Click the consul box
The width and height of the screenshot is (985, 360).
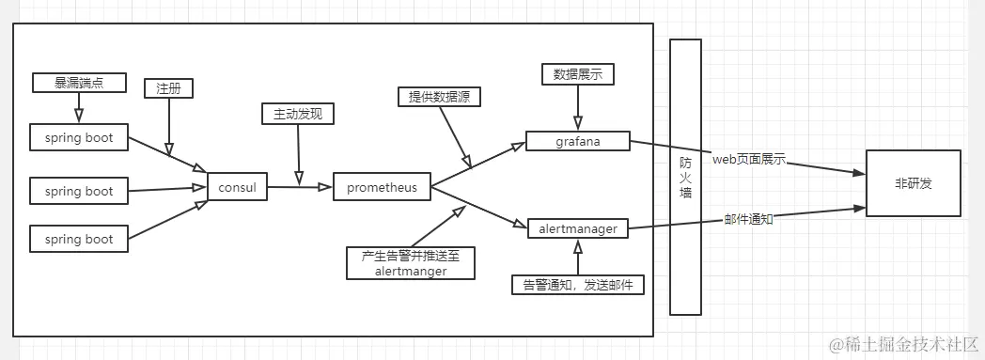click(237, 187)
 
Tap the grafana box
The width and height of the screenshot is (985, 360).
click(577, 142)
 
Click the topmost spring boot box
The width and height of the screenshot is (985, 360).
click(79, 138)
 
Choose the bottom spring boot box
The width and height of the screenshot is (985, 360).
click(79, 240)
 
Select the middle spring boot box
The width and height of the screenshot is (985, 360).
click(79, 192)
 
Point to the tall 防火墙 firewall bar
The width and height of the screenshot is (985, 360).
click(686, 177)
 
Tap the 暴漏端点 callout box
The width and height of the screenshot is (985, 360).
click(78, 83)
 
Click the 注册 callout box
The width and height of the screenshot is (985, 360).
click(169, 88)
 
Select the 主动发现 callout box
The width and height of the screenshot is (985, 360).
click(298, 115)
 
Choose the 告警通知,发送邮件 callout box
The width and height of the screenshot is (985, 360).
click(578, 284)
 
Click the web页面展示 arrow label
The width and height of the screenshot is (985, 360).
click(748, 160)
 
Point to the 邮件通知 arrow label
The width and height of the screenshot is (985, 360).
click(749, 218)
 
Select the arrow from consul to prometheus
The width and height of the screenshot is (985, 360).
click(300, 187)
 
